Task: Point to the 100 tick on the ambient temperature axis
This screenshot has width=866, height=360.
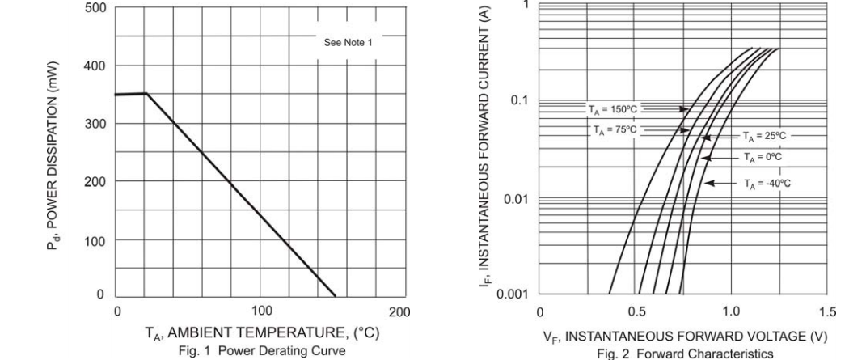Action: click(261, 311)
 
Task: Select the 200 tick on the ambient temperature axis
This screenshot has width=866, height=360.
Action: click(399, 311)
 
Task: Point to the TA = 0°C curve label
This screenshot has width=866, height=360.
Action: click(763, 157)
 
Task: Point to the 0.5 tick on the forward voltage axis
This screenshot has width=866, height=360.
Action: click(636, 311)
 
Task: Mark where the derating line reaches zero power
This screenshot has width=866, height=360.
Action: click(336, 296)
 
